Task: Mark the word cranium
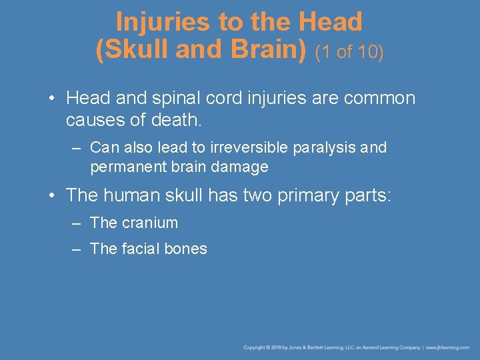(x=150, y=223)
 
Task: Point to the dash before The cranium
(x=77, y=223)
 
